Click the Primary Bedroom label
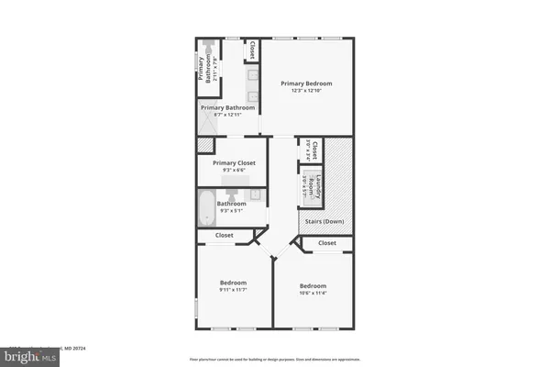tap(306, 83)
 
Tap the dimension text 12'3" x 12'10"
tap(306, 90)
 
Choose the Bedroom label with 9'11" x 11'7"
tap(233, 283)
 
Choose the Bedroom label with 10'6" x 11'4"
tap(314, 285)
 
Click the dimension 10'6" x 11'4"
tap(314, 293)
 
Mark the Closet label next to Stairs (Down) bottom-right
tap(327, 243)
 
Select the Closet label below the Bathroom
tap(225, 236)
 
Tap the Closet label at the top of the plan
tap(252, 49)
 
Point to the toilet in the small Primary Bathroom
tap(210, 45)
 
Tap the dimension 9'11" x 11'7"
tap(233, 290)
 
